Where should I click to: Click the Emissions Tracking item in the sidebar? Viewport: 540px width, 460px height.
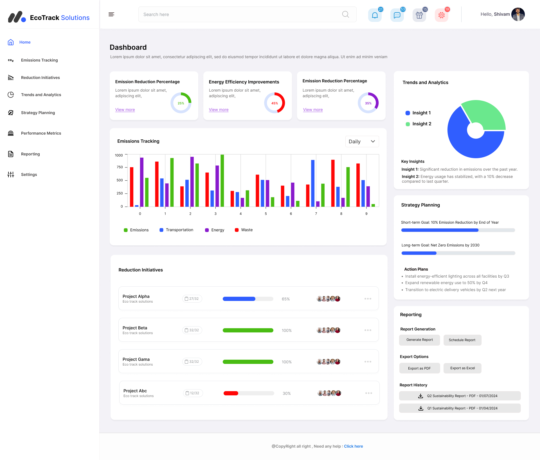(x=39, y=60)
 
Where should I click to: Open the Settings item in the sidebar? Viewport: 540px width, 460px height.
(x=29, y=175)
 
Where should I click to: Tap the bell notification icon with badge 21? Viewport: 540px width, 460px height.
(x=375, y=15)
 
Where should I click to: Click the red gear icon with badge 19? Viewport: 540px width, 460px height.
(x=441, y=15)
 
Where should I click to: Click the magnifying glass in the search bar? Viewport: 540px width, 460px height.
(x=345, y=14)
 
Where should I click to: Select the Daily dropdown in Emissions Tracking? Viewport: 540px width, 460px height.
(x=362, y=142)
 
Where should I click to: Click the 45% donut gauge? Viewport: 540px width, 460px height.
(x=274, y=103)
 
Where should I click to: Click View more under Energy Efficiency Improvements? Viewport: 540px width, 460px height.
(x=219, y=110)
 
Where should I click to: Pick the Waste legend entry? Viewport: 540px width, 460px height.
(x=244, y=230)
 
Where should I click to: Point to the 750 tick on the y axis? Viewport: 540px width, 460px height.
(x=120, y=167)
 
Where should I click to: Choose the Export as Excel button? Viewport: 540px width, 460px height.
(x=462, y=368)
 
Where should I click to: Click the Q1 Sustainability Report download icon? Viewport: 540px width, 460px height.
(x=421, y=408)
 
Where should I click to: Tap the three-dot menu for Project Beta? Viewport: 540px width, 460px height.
(x=368, y=330)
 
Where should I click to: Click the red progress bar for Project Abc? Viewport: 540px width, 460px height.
(x=231, y=393)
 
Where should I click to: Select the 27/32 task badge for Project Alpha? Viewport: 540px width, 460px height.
(x=192, y=299)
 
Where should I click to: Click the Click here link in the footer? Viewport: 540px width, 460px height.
(x=353, y=446)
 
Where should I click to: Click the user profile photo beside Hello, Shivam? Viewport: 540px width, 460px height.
(x=518, y=14)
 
